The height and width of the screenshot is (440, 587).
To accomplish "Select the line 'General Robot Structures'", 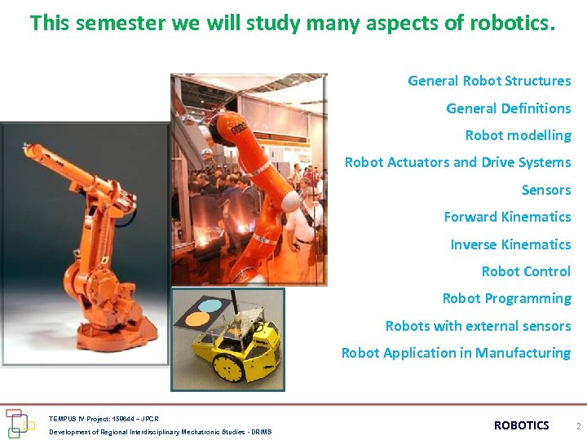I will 489,81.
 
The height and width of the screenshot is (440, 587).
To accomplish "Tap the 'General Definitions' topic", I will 508,108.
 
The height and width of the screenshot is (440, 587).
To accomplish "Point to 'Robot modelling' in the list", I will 518,135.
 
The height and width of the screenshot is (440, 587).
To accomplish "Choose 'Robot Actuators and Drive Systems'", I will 457,162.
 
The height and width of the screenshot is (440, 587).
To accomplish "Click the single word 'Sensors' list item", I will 546,190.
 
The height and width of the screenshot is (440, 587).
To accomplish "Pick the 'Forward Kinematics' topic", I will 507,217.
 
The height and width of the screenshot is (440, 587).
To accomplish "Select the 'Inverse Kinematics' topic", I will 510,244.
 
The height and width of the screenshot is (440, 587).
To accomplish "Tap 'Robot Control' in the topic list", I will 526,271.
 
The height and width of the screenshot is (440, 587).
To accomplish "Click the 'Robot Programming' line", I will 506,298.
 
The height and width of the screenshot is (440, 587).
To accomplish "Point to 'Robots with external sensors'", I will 478,326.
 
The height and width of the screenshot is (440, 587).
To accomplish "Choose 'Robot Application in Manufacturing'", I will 456,353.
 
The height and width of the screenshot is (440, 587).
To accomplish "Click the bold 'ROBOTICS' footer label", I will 522,425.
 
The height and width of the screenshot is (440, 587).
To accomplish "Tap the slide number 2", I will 577,426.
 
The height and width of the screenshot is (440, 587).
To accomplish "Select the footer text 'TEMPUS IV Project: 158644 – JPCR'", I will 104,419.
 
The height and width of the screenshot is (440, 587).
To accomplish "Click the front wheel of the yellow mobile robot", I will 227,367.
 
